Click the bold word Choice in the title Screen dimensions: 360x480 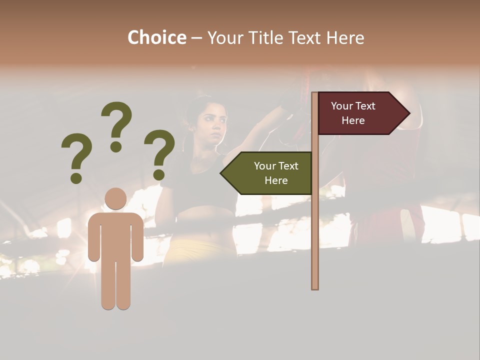[x=156, y=37]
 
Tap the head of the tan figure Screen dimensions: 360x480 [x=115, y=198]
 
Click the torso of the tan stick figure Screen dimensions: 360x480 [x=115, y=235]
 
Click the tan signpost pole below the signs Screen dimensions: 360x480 [x=315, y=240]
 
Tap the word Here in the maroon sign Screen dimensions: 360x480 [x=353, y=120]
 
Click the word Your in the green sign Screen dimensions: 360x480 [x=264, y=166]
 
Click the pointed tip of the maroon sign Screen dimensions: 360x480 [x=408, y=113]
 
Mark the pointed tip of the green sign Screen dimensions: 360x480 [x=222, y=173]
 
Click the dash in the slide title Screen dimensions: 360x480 [x=196, y=38]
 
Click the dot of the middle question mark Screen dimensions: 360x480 [x=116, y=146]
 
